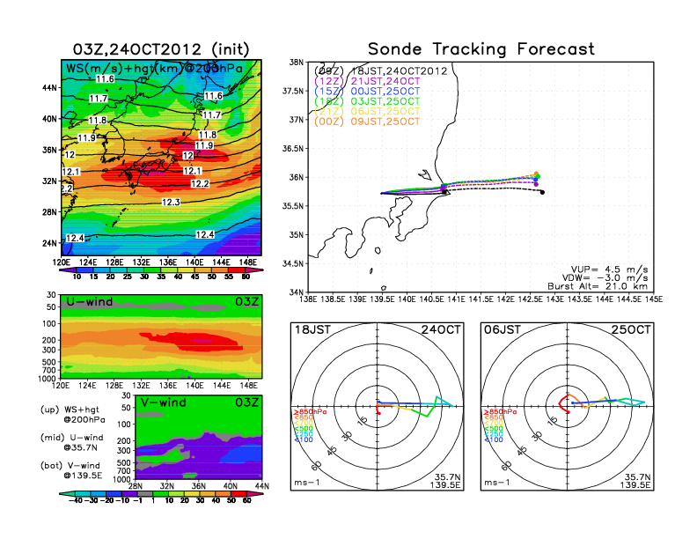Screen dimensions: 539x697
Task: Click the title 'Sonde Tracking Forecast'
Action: (481, 49)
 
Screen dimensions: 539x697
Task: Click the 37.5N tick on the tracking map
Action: (294, 91)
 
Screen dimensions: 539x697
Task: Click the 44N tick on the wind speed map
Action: (50, 88)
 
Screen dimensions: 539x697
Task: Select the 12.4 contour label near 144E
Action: (205, 234)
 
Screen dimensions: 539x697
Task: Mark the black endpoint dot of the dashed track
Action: (542, 192)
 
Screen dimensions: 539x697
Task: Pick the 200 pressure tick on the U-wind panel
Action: (51, 339)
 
